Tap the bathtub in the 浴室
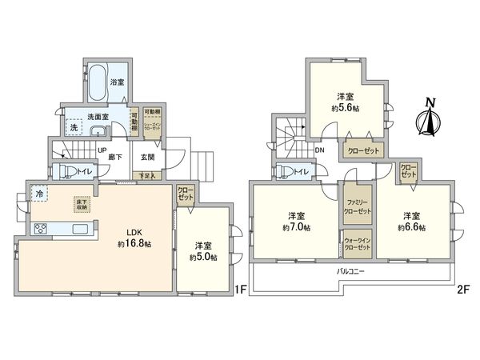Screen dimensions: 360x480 coord(96,81)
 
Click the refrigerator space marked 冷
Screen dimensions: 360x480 coord(39,193)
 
